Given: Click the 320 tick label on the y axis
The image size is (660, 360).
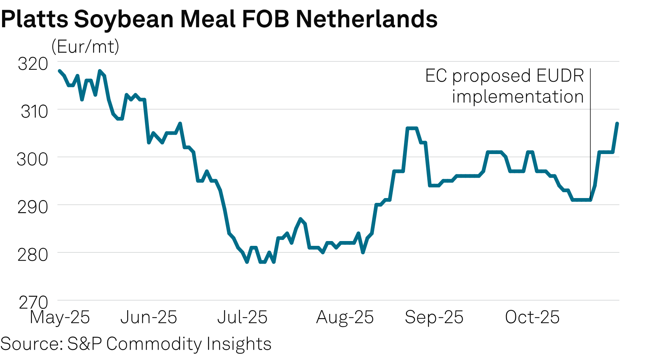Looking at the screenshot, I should [33, 64].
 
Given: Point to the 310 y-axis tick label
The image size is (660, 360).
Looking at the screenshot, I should [34, 112].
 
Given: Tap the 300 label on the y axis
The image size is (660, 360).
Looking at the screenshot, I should [33, 160].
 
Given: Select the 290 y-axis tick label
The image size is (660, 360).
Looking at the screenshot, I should [33, 207].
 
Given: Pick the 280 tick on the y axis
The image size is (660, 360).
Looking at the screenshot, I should [33, 255].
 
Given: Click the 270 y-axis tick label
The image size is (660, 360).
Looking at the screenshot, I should [33, 303].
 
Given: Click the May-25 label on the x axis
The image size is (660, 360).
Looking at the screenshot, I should [60, 317].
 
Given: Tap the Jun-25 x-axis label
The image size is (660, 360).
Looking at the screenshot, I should [148, 317].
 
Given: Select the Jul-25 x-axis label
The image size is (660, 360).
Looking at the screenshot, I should [242, 317].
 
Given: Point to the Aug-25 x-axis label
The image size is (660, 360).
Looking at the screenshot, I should [345, 317].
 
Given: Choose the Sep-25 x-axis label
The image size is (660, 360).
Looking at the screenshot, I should [434, 317].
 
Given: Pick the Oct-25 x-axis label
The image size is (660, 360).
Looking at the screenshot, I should [532, 317].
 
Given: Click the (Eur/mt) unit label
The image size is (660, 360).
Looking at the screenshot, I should [85, 46].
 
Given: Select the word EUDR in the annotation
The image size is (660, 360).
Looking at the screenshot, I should [560, 76].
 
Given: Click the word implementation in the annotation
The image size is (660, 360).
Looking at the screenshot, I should [518, 97].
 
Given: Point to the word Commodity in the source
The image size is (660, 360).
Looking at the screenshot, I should [154, 343].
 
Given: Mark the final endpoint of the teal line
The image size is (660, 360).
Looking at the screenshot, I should [617, 123].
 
